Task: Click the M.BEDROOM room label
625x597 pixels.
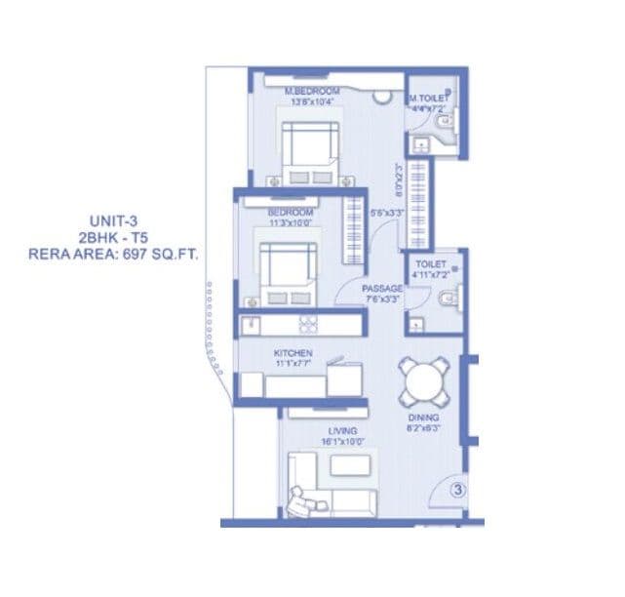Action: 312,92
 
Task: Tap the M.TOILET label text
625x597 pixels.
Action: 428,99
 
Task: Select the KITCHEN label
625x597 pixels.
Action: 292,351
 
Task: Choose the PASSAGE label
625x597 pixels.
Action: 382,289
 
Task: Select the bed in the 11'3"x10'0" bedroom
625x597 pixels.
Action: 287,271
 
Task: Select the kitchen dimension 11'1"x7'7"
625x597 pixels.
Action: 292,363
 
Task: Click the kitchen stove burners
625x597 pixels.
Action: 308,325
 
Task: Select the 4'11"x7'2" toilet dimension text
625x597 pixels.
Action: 430,274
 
